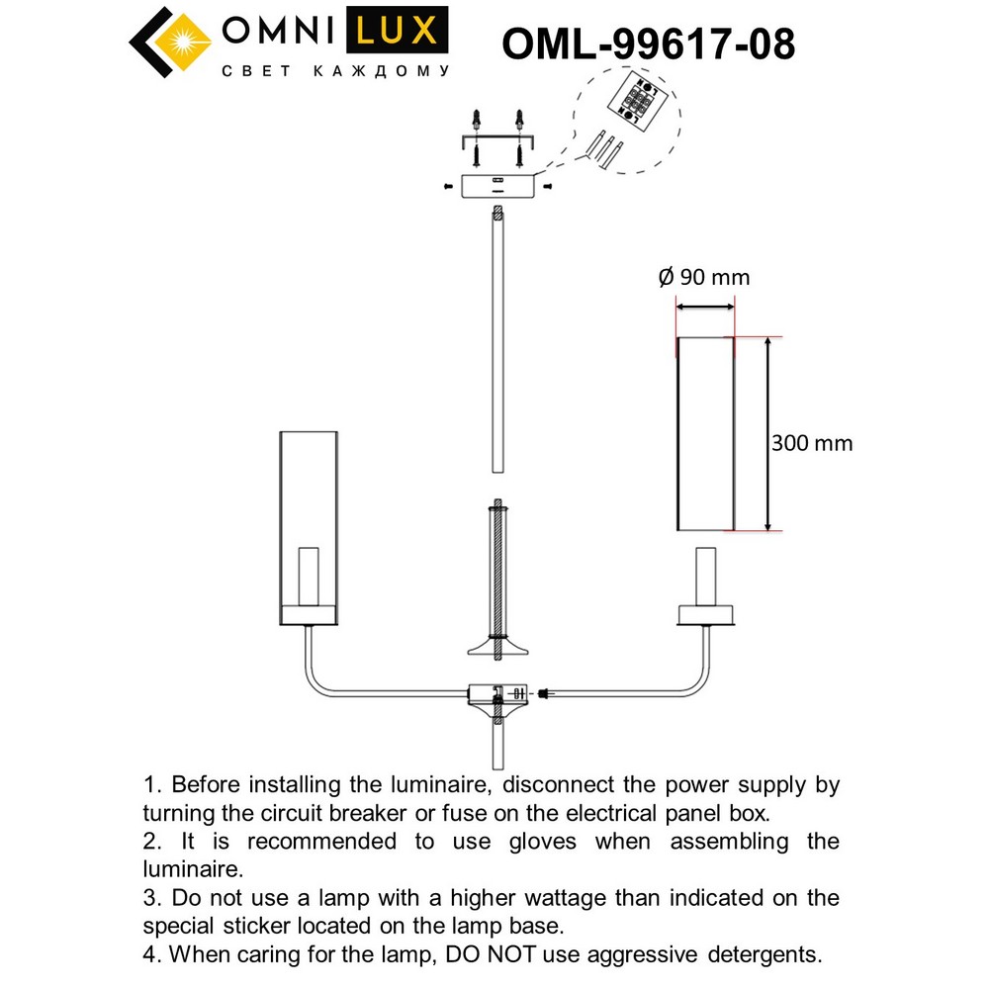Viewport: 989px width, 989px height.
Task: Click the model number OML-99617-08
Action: coord(648,45)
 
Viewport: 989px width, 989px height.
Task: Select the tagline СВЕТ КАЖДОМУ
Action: coord(335,71)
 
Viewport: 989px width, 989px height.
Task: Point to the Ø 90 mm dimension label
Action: coord(704,277)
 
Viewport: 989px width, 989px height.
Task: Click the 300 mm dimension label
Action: coord(811,443)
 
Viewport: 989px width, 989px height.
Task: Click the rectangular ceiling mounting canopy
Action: coord(497,184)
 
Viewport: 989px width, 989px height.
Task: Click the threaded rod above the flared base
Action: coord(498,569)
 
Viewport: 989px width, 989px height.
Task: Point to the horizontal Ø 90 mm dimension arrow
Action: coord(705,307)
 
